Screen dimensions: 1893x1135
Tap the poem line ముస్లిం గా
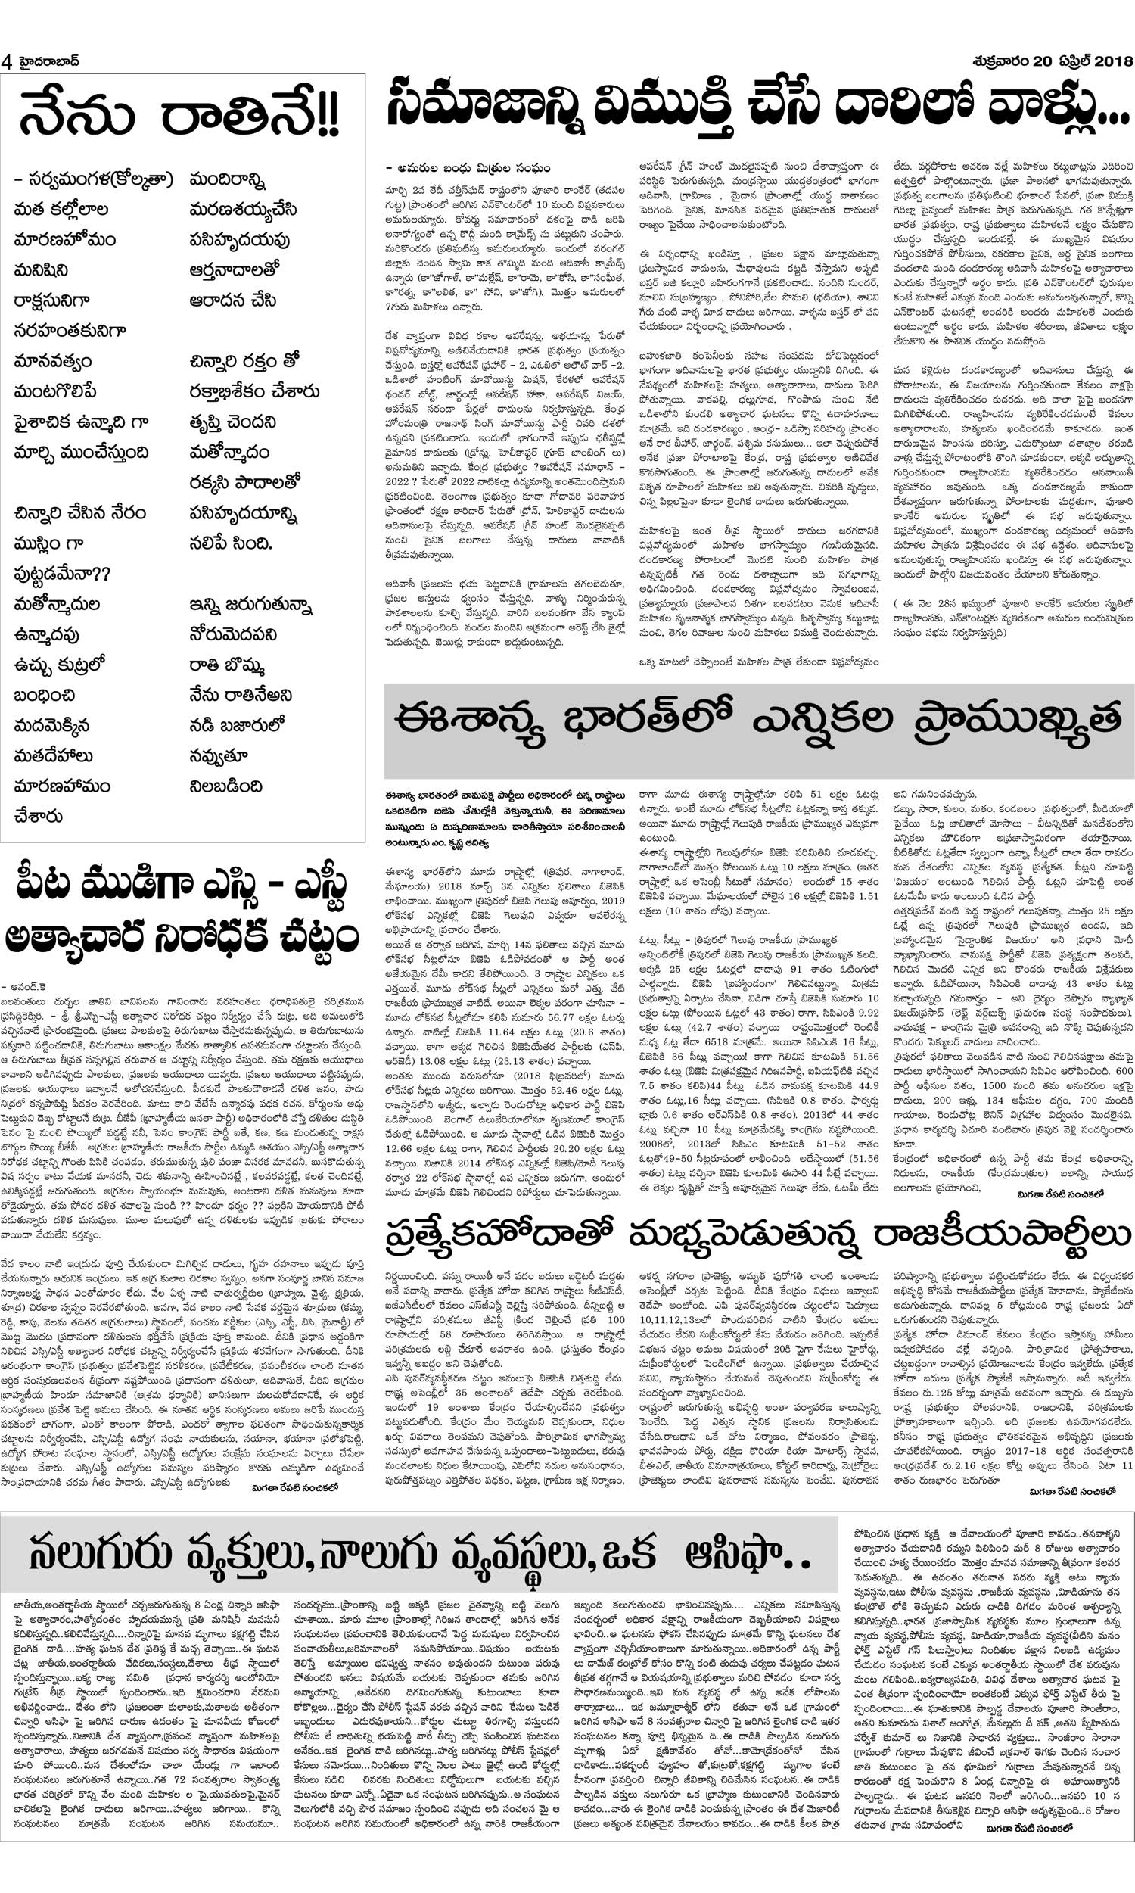[x=48, y=543]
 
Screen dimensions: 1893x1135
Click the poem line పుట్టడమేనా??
[x=62, y=574]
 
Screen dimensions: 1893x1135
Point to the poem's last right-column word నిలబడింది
[x=226, y=786]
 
